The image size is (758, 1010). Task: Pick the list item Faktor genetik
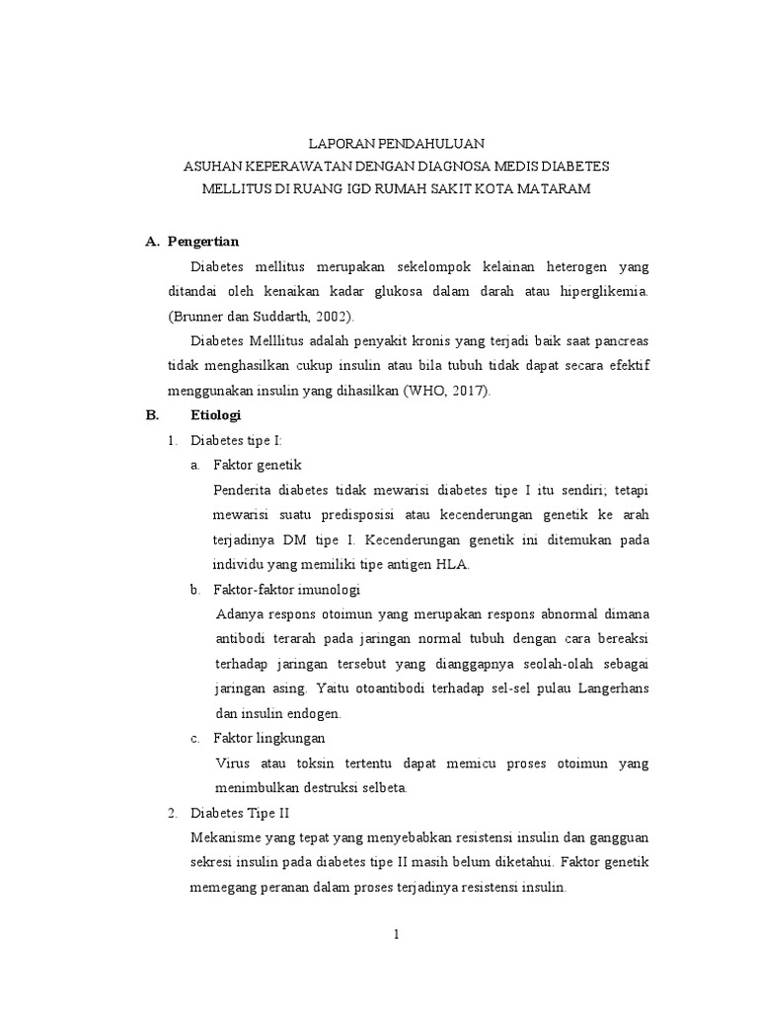pos(258,465)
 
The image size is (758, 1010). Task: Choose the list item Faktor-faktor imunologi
pos(287,589)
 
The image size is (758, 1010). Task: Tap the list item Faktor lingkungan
pos(269,738)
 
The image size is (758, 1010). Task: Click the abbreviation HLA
pos(450,564)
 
